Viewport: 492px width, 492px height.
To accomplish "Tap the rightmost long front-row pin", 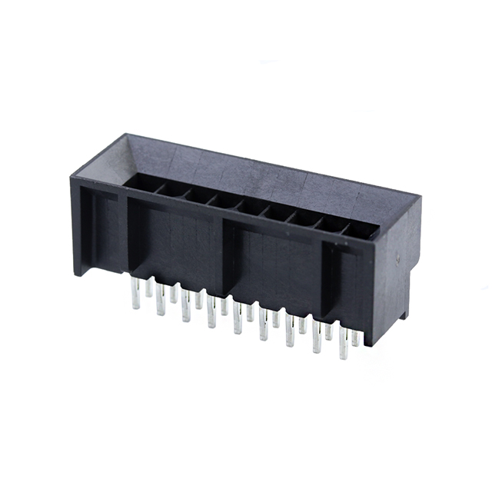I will (x=343, y=345).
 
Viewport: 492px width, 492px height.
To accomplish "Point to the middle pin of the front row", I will (x=238, y=318).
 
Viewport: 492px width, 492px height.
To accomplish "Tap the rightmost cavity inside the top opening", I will (x=360, y=230).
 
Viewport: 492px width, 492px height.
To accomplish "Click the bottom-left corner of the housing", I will (x=75, y=273).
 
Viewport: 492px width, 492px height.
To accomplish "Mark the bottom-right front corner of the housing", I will (x=373, y=344).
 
